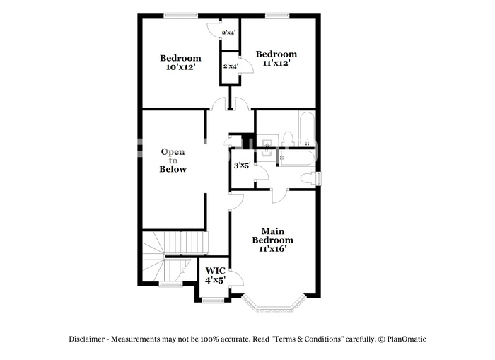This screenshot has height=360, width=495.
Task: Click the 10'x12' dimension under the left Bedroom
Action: coord(180,67)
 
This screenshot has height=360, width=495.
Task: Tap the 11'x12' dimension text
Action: coord(276,63)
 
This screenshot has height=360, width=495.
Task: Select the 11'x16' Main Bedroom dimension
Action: coord(272,248)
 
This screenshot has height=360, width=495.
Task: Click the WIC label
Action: coord(215,271)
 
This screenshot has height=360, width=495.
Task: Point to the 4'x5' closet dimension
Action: coord(215,280)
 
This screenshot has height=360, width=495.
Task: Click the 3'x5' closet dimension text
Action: coord(242,166)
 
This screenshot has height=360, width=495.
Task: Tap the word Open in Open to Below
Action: coord(173,152)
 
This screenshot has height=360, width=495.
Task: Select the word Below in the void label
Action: coord(173,169)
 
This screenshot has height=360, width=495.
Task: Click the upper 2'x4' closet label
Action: coord(229,33)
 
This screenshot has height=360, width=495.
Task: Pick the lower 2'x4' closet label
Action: coord(231,66)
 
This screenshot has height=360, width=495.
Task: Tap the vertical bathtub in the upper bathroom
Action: coord(306,129)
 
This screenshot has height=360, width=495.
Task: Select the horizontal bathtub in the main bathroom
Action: coord(297,158)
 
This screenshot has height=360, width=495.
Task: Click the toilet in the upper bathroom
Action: coord(288,139)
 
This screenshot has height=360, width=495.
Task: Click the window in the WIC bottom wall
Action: coord(213,301)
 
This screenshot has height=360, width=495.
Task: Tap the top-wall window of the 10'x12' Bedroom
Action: coord(181,15)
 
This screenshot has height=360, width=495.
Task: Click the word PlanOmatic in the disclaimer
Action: coord(407,339)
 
